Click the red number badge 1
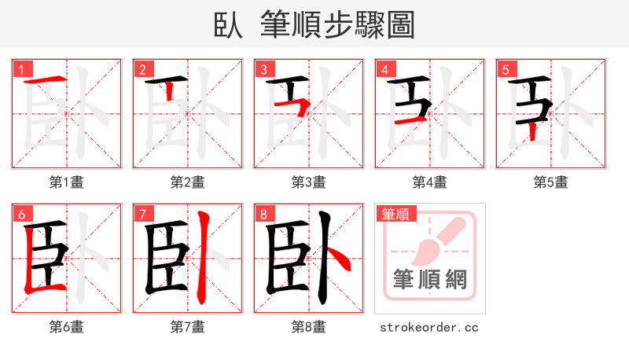(x=20, y=69)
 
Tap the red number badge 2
(x=142, y=69)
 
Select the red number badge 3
(x=263, y=69)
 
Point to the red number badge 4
(x=384, y=69)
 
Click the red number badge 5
(x=505, y=69)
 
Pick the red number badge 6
(x=20, y=213)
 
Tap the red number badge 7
(x=142, y=213)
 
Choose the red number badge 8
(x=263, y=213)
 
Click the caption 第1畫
(x=66, y=182)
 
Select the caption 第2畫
(x=187, y=182)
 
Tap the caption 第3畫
(x=308, y=182)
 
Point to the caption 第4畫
(x=429, y=182)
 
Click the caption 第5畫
(x=550, y=182)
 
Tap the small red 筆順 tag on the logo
(x=396, y=213)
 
